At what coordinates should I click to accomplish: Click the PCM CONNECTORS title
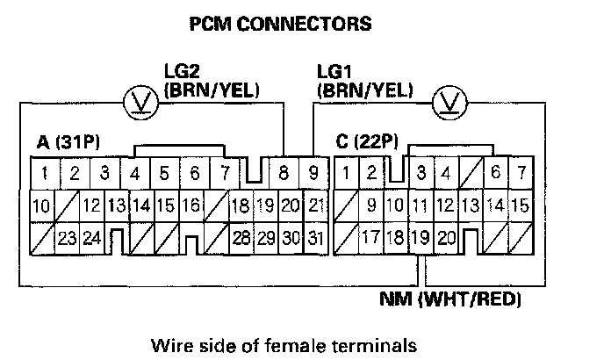click(281, 24)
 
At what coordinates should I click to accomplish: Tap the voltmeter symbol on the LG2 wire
click(139, 103)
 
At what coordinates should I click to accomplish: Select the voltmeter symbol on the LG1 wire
click(449, 103)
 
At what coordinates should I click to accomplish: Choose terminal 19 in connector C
click(421, 236)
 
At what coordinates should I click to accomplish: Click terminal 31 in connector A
click(317, 237)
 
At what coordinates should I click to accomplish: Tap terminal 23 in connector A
click(65, 237)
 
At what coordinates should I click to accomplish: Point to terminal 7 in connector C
click(521, 172)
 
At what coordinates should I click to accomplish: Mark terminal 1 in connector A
click(43, 172)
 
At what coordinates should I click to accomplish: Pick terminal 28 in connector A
click(241, 237)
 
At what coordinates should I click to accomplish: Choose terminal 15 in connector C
click(520, 205)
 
